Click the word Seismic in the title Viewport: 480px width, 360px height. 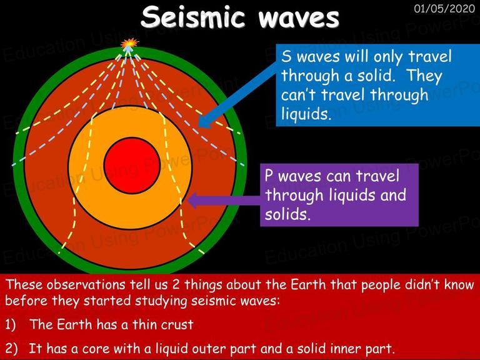(x=193, y=17)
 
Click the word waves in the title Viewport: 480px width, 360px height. (x=299, y=18)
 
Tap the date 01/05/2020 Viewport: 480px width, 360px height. (x=444, y=9)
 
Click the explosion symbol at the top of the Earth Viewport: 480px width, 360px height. (x=129, y=44)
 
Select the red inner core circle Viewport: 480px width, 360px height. (x=132, y=165)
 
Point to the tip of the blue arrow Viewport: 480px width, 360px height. (x=199, y=126)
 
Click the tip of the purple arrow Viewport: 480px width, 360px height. (x=187, y=201)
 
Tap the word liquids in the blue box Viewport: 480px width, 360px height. (x=306, y=114)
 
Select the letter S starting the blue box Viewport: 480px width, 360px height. (x=286, y=57)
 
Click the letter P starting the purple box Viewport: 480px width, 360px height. (x=269, y=176)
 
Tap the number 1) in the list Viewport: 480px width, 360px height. (x=11, y=324)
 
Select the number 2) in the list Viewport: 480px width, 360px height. (x=11, y=348)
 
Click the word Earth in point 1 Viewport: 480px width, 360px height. (x=74, y=324)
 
